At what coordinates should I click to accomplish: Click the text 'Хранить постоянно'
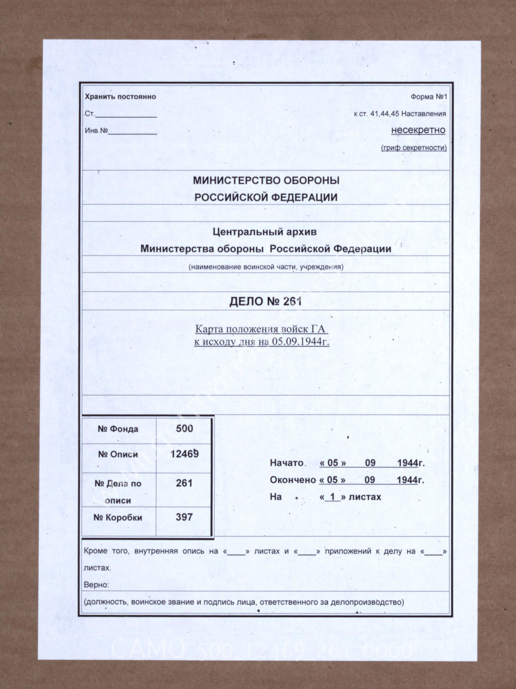point(120,97)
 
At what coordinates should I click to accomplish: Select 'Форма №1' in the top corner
point(428,97)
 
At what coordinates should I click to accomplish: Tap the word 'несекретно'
point(418,130)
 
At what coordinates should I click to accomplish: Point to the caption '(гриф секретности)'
point(414,148)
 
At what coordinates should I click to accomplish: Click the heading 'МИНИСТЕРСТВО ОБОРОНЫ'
point(266,180)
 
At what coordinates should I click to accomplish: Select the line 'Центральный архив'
point(264,232)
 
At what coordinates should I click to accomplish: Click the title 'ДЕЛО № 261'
point(265,301)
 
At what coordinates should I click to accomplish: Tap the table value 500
point(185,429)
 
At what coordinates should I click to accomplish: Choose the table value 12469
point(185,454)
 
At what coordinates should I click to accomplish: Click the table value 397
point(184,517)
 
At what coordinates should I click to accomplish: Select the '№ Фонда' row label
point(118,429)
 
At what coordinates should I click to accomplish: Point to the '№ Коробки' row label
point(118,518)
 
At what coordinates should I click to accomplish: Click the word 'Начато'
point(287,463)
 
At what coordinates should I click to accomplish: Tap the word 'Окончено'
point(293,480)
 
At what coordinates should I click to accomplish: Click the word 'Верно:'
point(96,585)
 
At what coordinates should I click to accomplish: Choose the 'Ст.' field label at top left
point(90,114)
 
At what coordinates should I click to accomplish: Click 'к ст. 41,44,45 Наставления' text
point(400,114)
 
